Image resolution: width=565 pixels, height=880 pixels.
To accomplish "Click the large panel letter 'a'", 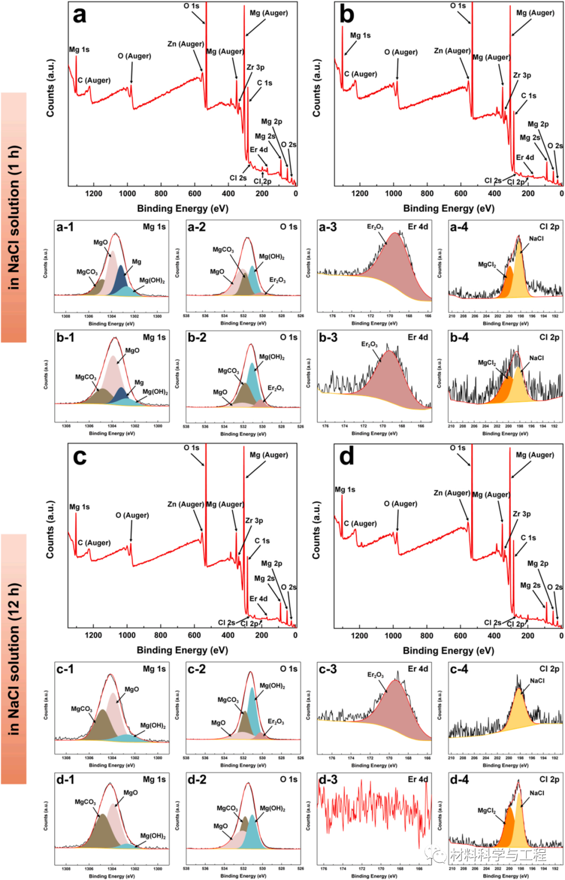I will point(80,15).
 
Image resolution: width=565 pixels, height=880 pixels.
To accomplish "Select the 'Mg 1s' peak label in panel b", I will point(360,36).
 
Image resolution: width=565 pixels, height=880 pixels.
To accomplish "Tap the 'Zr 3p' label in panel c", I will point(254,521).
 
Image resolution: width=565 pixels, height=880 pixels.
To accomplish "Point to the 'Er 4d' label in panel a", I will point(258,150).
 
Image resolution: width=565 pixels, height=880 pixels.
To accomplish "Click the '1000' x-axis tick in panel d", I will point(393,636).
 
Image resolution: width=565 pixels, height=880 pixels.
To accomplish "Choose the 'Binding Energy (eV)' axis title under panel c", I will point(182,650).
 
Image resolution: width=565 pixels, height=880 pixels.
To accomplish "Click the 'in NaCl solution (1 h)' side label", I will point(14,217).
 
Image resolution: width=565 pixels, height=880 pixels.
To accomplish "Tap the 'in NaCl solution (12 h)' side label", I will point(14,659).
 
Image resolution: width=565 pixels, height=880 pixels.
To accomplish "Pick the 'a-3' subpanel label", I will point(328,227).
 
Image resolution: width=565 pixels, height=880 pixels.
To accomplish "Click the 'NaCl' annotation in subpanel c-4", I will point(537,681).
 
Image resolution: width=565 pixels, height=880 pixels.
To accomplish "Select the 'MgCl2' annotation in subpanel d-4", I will point(487,810).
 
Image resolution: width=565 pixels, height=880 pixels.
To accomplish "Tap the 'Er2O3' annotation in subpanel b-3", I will point(369,344).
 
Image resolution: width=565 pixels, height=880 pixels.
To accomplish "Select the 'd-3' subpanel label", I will point(328,780).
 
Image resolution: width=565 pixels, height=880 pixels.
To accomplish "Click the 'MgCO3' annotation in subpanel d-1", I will point(85,802).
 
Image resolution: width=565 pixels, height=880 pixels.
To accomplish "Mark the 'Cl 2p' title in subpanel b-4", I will point(549,337).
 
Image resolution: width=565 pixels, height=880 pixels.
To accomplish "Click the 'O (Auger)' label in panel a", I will point(134,56).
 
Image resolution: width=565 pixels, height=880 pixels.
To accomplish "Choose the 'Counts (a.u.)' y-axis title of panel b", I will point(317,88).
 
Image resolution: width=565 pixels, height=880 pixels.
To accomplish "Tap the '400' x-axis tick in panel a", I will point(228,194).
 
